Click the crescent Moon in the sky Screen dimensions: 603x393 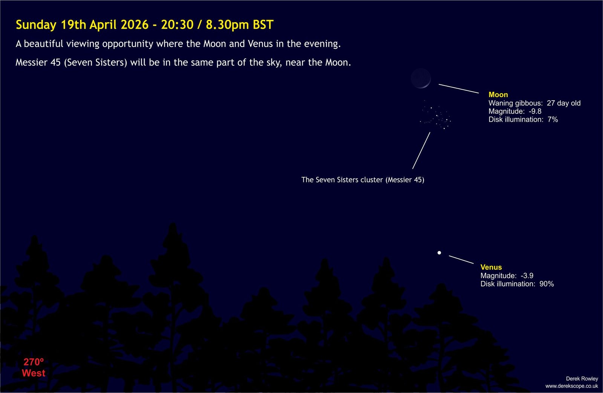421,78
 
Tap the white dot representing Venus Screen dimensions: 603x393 439,252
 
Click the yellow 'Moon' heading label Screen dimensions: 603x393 498,95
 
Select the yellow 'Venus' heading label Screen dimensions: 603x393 491,267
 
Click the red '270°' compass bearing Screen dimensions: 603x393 34,362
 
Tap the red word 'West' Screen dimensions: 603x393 34,373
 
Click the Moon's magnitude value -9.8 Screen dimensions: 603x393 535,111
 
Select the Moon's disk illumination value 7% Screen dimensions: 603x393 552,119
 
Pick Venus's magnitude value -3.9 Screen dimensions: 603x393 527,276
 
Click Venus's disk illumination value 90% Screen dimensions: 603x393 546,284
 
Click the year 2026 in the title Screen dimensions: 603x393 135,25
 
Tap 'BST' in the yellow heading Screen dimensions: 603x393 263,25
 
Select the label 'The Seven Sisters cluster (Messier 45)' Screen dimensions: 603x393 363,180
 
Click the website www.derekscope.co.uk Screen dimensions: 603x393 571,386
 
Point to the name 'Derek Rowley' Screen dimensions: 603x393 582,379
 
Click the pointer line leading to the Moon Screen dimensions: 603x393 459,89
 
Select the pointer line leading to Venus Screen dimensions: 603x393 461,260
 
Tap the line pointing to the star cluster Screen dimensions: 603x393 421,150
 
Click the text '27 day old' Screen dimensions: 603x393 563,103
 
